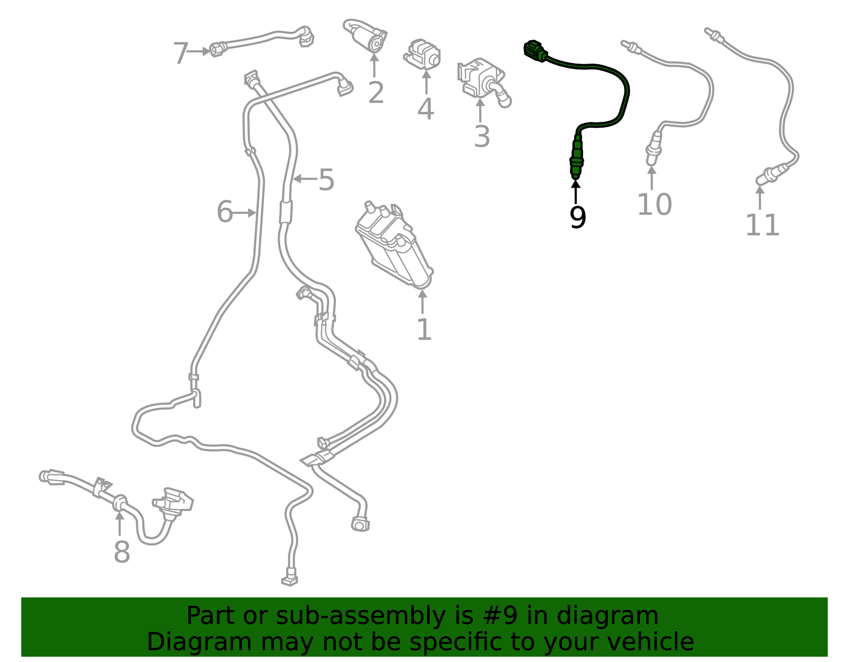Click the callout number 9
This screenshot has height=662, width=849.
pos(577,217)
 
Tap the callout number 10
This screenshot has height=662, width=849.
pos(654,205)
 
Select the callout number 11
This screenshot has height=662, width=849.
pos(763,225)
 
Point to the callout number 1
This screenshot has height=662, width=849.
pos(424,330)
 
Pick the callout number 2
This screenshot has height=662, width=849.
pos(376,93)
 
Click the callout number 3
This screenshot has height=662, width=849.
pos(481,136)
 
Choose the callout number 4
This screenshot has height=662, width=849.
pos(426,109)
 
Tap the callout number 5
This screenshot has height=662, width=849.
pos(326,180)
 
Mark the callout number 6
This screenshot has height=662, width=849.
pos(224,212)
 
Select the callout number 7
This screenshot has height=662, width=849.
pos(181,54)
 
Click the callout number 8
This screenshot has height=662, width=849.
pos(122,552)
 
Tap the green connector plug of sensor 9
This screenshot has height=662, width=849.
pos(534,50)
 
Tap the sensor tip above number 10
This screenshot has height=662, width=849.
pos(653,151)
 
